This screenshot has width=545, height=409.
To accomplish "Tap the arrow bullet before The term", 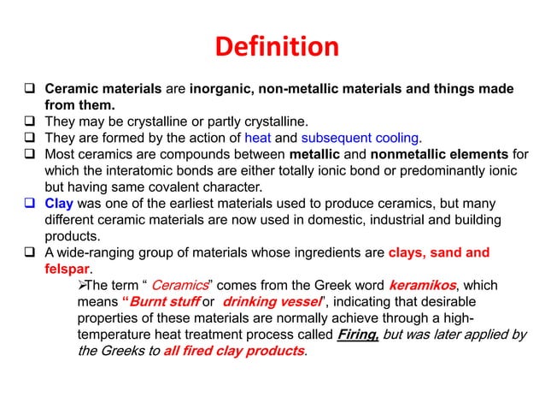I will point(83,286).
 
